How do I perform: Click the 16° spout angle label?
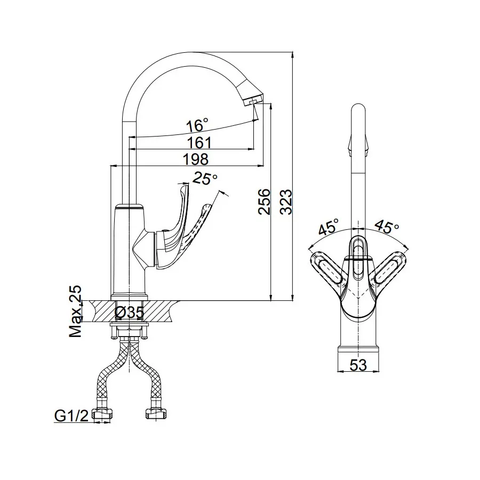point(197,125)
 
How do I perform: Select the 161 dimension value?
point(199,142)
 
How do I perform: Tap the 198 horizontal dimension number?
point(196,159)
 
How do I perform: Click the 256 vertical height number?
point(264,202)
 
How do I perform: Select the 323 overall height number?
point(286,202)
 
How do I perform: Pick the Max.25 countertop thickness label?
point(76,311)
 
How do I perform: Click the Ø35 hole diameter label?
point(129,312)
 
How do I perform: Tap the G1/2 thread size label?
point(71,415)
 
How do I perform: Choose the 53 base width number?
point(358,365)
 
